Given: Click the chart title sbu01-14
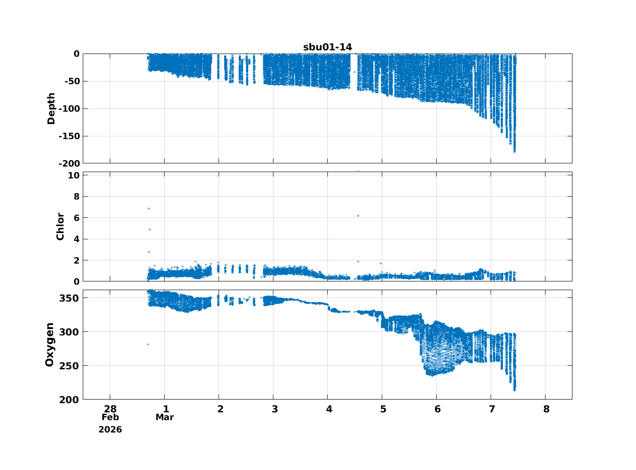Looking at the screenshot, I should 327,47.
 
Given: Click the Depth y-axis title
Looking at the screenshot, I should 51,108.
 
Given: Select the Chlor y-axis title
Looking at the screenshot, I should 60,227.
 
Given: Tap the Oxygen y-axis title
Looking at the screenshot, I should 49,344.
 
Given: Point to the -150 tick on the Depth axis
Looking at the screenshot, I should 69,136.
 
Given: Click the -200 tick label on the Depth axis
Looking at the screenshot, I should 69,164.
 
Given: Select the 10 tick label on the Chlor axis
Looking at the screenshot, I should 74,175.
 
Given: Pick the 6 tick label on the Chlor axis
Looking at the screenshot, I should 76,218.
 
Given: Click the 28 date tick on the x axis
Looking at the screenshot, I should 110,409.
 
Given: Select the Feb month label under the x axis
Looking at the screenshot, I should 110,417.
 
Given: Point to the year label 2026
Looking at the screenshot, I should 110,430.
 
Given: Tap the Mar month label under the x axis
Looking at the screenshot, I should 165,417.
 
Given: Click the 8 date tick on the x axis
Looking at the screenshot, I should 546,409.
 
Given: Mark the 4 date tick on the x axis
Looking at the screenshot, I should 329,409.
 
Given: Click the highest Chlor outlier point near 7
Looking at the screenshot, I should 149,209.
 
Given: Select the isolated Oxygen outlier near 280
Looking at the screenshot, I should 148,344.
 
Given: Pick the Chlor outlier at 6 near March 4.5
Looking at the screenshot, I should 358,216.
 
